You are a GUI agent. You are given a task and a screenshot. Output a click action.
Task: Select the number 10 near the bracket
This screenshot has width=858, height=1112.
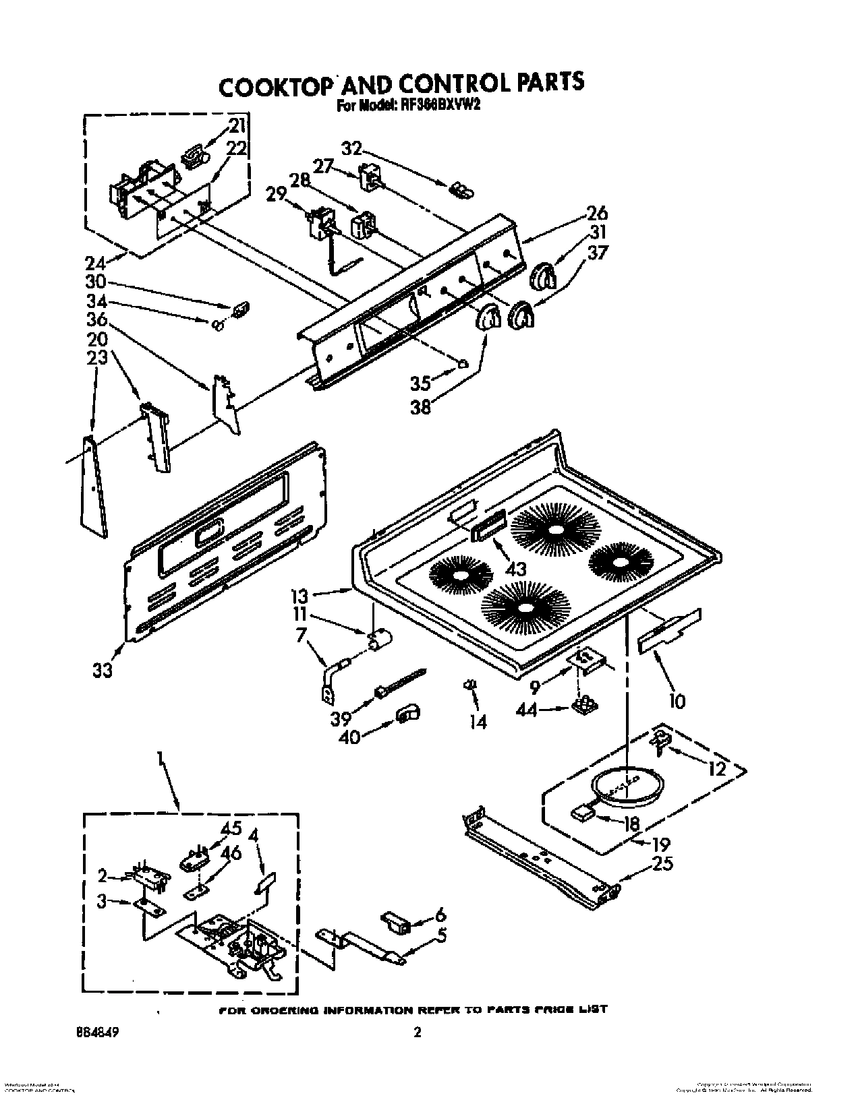(x=677, y=702)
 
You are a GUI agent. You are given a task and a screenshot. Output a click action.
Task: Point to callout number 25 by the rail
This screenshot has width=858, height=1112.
(x=663, y=863)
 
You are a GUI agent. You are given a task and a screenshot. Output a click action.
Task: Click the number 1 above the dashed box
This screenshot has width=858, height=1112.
(x=161, y=761)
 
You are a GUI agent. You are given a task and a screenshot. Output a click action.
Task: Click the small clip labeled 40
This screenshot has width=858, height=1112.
(x=406, y=713)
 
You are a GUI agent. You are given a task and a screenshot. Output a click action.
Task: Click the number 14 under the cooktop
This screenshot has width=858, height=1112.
(x=478, y=722)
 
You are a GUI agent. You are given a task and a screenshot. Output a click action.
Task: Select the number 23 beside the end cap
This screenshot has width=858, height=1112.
(x=97, y=357)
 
